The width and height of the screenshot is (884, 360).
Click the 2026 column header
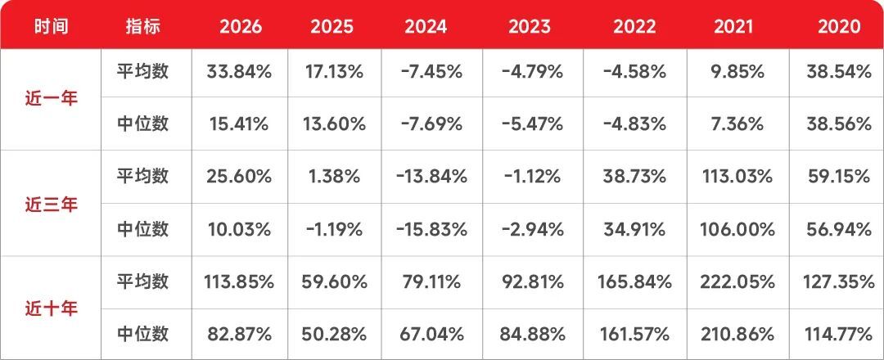[241, 27]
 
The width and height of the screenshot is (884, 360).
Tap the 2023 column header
[530, 27]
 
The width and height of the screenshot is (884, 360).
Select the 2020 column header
[840, 27]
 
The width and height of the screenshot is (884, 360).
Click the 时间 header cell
[52, 27]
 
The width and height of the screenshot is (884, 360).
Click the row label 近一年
[52, 99]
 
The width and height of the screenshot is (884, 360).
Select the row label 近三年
[52, 204]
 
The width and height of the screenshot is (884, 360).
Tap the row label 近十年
[52, 308]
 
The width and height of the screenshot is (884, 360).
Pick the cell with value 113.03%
[737, 177]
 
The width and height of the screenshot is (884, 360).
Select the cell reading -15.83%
[431, 229]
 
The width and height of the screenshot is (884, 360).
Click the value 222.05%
[737, 281]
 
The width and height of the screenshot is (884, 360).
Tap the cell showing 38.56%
[839, 124]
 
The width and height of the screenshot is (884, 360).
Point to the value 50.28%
[335, 334]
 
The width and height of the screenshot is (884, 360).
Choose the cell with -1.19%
[335, 229]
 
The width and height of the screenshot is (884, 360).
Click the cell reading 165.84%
[634, 281]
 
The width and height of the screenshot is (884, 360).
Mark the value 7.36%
[737, 124]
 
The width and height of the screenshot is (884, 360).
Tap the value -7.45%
[431, 72]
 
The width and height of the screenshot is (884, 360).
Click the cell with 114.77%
[838, 334]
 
